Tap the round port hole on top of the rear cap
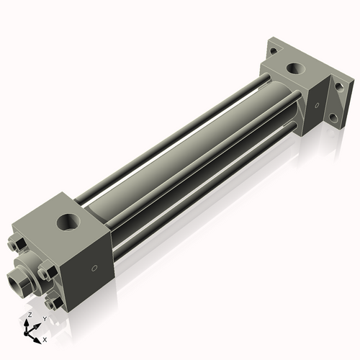pyautogui.click(x=295, y=69)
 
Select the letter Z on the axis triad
pyautogui.click(x=28, y=315)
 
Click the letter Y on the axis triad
pyautogui.click(x=44, y=319)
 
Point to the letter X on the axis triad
pyautogui.click(x=45, y=338)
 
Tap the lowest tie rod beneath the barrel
pyautogui.click(x=202, y=187)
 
